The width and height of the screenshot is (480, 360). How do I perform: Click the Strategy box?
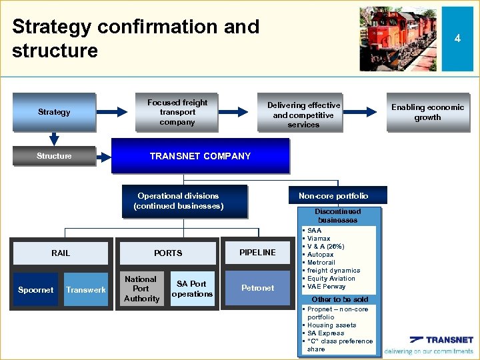pyautogui.click(x=54, y=112)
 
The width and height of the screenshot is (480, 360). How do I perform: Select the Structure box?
pyautogui.click(x=54, y=156)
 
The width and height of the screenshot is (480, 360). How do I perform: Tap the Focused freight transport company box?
pyautogui.click(x=177, y=112)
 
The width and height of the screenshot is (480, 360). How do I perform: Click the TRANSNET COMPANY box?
pyautogui.click(x=200, y=156)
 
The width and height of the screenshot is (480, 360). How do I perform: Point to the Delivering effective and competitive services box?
pyautogui.click(x=303, y=115)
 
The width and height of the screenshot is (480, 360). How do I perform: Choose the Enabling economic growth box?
pyautogui.click(x=427, y=112)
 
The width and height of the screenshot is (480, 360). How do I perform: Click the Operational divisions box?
pyautogui.click(x=178, y=201)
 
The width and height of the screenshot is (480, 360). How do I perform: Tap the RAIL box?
pyautogui.click(x=61, y=253)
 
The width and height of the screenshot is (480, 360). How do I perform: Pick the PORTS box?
pyautogui.click(x=168, y=253)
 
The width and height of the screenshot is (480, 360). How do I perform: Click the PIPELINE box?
pyautogui.click(x=257, y=252)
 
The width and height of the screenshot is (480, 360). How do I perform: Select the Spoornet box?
pyautogui.click(x=36, y=289)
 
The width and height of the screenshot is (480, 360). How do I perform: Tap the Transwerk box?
pyautogui.click(x=86, y=289)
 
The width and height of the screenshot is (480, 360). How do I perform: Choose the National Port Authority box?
pyautogui.click(x=141, y=289)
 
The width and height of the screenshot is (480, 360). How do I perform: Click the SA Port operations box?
pyautogui.click(x=192, y=289)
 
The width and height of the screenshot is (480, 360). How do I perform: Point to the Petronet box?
pyautogui.click(x=257, y=288)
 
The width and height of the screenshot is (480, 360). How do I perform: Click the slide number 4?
pyautogui.click(x=457, y=39)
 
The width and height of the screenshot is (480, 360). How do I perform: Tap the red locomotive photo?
pyautogui.click(x=398, y=39)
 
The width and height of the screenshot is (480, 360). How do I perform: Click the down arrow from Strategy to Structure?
pyautogui.click(x=54, y=138)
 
